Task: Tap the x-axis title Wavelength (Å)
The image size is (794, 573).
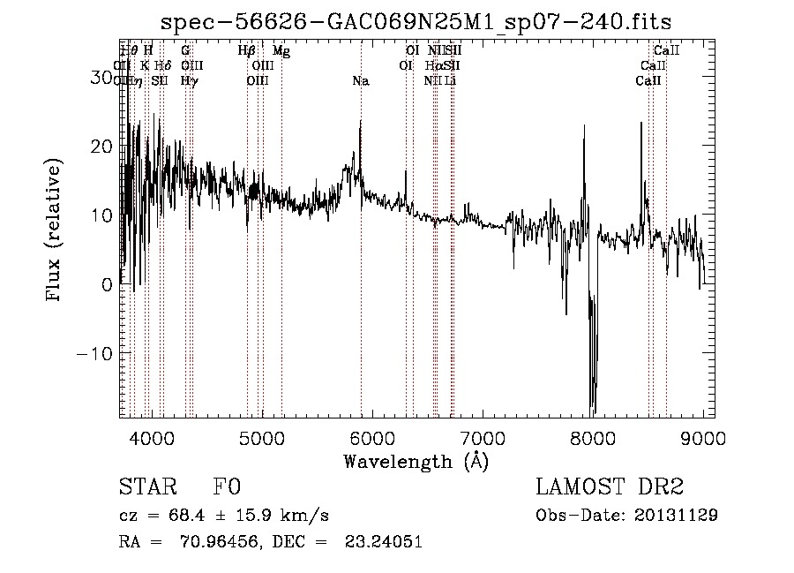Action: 416,461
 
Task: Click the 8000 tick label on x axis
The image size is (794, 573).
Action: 593,438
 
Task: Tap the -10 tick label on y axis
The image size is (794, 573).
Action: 97,353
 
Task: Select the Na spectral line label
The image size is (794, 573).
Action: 360,81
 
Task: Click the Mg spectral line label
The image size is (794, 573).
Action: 281,52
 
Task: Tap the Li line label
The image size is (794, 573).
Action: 451,80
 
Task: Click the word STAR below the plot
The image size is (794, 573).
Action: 146,487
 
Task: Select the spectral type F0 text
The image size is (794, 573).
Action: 226,487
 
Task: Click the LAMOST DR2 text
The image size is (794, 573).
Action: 610,487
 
